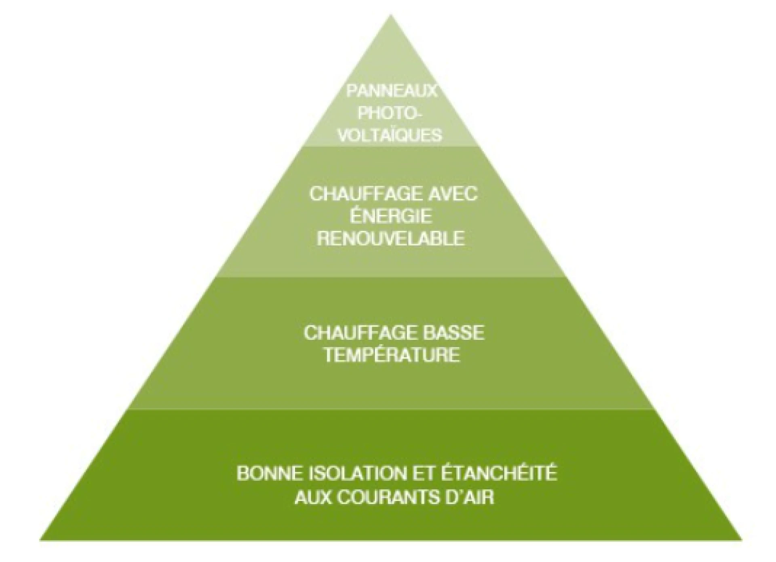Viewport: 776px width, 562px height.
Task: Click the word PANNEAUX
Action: coord(392,91)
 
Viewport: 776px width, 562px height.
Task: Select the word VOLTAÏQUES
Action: coord(390,135)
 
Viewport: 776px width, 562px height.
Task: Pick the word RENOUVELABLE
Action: coord(391,238)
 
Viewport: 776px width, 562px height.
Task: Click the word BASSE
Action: coord(454,333)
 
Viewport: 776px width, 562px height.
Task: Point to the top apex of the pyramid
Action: coord(390,15)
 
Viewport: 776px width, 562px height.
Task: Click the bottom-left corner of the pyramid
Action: coord(40,540)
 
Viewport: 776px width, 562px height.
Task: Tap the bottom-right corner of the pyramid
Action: coord(742,540)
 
